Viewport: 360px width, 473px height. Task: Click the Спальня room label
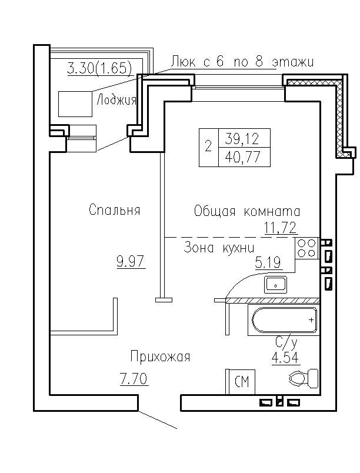point(115,209)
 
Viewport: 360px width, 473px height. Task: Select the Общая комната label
point(247,211)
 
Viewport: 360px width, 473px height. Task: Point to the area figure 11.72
point(279,228)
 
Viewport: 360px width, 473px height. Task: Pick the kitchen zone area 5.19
point(267,262)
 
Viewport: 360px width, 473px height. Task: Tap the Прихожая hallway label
point(161,357)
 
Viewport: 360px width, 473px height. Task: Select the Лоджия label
point(116,99)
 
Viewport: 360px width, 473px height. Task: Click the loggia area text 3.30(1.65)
point(98,68)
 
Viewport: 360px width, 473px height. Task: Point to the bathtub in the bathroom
point(285,321)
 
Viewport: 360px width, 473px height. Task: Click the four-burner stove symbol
point(306,248)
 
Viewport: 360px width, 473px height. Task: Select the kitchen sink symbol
point(275,285)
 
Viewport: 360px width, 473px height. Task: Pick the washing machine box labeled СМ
point(242,382)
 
